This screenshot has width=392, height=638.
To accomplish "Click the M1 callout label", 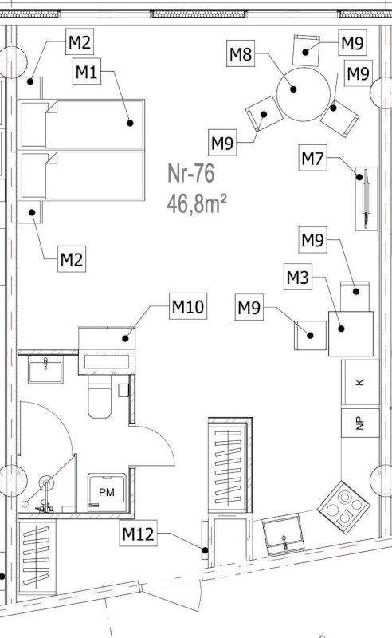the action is pos(87,71).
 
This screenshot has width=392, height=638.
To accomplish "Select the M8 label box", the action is pos(241,53).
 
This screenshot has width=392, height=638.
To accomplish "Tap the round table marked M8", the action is pos(304,94).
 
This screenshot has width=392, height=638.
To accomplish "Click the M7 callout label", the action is pos(312,157).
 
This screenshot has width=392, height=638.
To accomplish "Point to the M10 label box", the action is pos(188,306).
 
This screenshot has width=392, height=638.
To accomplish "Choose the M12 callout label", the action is pos(139,533).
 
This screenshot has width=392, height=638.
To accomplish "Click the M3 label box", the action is pos(298,277).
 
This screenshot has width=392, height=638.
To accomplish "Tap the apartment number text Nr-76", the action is pos(191,173).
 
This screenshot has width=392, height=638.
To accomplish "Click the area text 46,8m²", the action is pos(197,203).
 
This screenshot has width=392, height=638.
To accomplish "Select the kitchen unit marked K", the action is pos(360,382).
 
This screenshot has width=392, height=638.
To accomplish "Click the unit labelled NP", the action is pos(360,423).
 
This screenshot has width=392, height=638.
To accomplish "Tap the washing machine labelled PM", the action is pos(107,492).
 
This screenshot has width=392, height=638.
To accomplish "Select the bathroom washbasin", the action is pos(45,369).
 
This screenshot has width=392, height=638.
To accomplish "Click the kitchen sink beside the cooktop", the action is pos(283,534).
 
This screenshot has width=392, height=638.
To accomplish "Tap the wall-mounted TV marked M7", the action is pos(367,199).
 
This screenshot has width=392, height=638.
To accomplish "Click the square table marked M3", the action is pos(351,333).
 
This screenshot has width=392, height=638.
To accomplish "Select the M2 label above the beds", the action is pos(80,41).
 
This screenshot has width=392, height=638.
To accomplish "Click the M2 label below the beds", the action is pos(72,258).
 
